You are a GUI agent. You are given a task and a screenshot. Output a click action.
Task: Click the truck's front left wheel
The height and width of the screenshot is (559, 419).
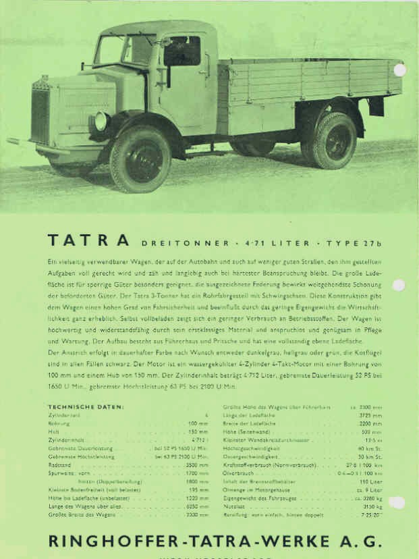(x=140, y=159)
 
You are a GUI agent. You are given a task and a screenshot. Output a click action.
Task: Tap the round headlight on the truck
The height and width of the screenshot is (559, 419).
(x=101, y=122)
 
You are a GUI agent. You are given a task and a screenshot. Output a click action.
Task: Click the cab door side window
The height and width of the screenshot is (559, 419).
(x=181, y=51)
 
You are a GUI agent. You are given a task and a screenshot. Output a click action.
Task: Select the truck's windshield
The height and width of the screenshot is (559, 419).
(x=125, y=51)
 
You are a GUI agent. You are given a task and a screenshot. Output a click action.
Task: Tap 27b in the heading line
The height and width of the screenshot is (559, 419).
(x=359, y=242)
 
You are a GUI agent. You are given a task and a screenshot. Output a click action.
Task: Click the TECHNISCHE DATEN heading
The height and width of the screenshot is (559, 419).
(x=86, y=406)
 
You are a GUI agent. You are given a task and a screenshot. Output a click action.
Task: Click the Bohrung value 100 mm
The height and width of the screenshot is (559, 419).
(x=198, y=423)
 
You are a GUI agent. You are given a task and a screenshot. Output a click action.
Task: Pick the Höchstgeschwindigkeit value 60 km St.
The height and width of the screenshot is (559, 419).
(x=370, y=448)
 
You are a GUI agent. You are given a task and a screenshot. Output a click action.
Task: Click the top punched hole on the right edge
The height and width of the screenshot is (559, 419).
(x=399, y=70)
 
